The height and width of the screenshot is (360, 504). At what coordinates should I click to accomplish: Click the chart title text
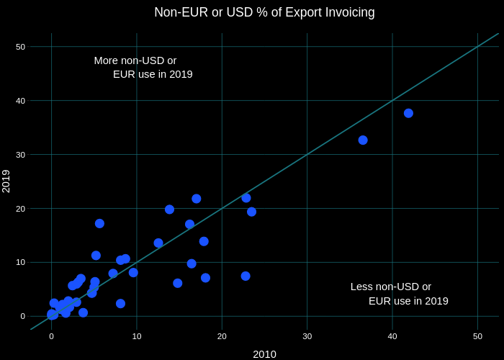tap(264, 12)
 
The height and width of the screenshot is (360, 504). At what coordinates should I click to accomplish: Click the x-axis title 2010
tap(264, 354)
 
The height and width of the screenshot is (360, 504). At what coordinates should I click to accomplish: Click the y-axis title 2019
tap(6, 181)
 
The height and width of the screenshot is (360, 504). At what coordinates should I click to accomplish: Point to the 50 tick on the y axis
tap(20, 47)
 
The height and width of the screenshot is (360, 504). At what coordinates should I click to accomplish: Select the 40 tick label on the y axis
tap(20, 101)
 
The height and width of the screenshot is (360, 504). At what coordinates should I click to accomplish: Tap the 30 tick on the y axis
tap(20, 155)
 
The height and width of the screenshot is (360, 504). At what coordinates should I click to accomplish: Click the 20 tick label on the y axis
tap(20, 209)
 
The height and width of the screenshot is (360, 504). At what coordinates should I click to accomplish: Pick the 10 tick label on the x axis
tap(137, 336)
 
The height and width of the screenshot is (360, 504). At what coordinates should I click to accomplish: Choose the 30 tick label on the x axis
tap(307, 336)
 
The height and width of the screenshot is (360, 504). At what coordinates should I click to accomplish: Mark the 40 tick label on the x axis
tap(392, 336)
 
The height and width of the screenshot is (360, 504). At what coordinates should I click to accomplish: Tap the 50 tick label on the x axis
tap(477, 336)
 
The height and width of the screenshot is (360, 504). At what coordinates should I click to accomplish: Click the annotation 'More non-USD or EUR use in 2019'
tap(143, 67)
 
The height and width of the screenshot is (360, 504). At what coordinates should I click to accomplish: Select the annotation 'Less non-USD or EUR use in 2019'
tap(400, 294)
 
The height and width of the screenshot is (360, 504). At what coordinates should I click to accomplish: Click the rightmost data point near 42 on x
tap(408, 113)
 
